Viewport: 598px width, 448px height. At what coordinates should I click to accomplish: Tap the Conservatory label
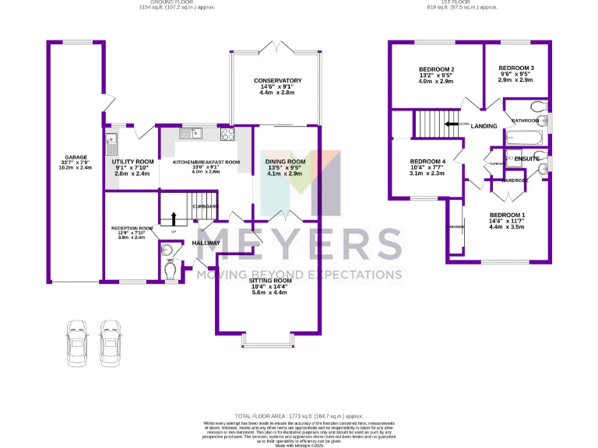point(276,81)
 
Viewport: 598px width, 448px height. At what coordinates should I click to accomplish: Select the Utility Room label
point(134,140)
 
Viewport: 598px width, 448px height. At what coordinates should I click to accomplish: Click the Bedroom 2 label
point(435,69)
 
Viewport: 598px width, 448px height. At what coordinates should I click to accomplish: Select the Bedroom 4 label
point(427,162)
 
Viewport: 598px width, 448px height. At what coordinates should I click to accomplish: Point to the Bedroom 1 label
point(507,215)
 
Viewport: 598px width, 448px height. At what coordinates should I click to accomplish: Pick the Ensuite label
point(526,159)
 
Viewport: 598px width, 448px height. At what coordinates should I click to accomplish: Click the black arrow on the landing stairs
point(452,124)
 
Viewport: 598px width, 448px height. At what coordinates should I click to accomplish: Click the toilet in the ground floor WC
point(171,268)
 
